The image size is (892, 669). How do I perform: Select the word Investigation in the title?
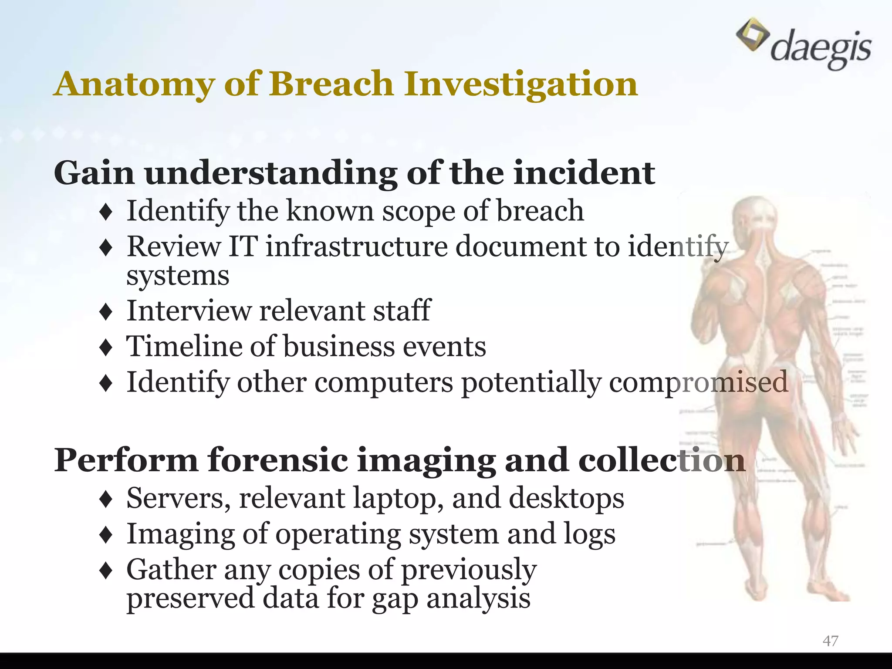[x=521, y=84]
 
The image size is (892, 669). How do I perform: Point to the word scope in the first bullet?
[x=419, y=211]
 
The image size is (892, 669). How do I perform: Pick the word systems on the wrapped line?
[x=178, y=275]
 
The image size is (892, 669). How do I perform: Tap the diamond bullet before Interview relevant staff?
[x=106, y=312]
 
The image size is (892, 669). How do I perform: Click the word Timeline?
[x=183, y=347]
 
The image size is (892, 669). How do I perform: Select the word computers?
[x=384, y=382]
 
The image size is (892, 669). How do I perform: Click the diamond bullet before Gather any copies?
[x=106, y=571]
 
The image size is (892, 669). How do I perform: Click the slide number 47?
[x=830, y=641]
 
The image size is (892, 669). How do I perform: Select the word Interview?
[x=189, y=311]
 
